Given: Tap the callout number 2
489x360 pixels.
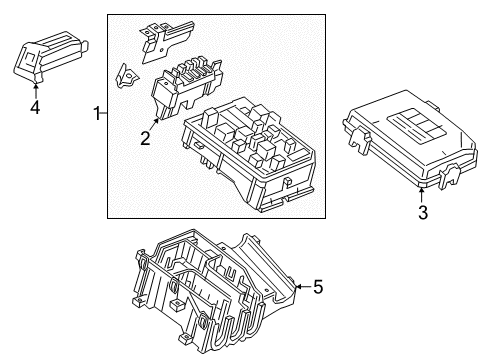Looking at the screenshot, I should tap(145, 139).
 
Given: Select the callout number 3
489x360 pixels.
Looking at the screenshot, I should tap(423, 212).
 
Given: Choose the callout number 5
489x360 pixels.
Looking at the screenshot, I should tap(317, 288).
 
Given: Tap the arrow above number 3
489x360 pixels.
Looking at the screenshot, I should tap(423, 192).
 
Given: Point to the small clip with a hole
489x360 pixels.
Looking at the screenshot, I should tap(127, 74).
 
